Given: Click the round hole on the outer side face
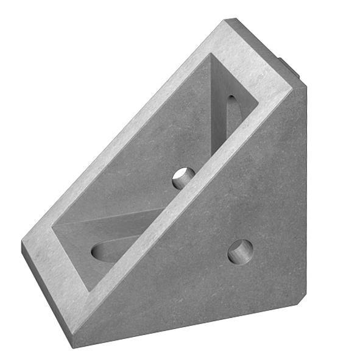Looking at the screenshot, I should [240, 251].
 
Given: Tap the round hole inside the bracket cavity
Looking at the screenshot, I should [183, 177].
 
